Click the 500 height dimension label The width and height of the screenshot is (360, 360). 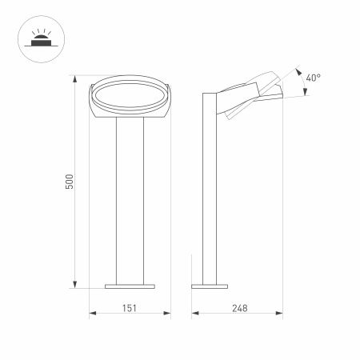click(70, 182)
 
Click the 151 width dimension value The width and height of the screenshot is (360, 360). click(129, 306)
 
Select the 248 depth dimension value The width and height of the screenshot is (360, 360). click(238, 306)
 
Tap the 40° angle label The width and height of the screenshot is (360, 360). click(314, 78)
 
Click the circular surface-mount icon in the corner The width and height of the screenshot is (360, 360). click(38, 38)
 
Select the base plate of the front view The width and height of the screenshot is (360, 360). click(129, 284)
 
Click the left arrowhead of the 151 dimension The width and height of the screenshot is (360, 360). click(90, 314)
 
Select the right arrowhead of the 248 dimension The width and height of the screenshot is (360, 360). click(283, 314)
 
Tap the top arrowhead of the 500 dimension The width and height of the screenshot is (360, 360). click(77, 79)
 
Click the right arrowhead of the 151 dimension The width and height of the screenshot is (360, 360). click(168, 314)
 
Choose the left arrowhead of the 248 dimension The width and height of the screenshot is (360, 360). click(193, 314)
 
